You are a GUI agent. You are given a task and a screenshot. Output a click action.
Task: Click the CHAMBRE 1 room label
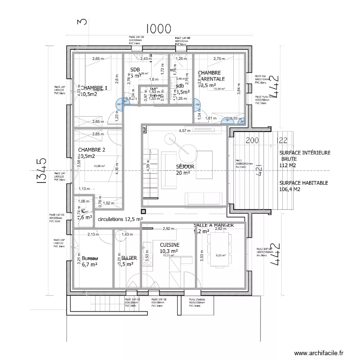tap(94, 88)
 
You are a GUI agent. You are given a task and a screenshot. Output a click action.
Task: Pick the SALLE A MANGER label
tap(214, 225)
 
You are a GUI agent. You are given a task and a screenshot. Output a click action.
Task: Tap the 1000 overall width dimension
tap(158, 29)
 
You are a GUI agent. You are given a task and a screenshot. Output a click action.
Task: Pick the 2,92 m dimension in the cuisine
tap(168, 229)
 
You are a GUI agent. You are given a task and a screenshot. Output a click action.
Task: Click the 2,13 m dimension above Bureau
tap(93, 234)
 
